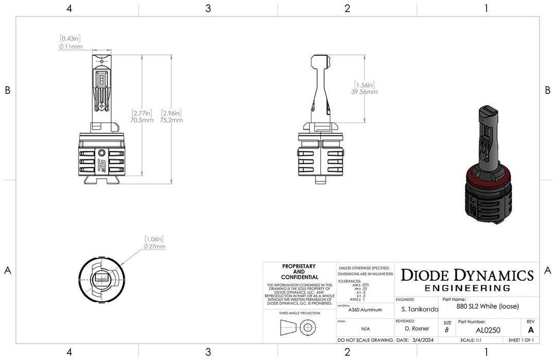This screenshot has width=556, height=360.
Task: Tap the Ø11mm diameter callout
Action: coord(71,46)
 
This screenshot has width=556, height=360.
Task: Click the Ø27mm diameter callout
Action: coord(155,246)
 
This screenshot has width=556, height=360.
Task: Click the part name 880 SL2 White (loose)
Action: coord(488,306)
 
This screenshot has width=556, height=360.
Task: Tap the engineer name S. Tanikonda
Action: coord(420,310)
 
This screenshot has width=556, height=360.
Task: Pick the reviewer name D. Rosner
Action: coord(416,329)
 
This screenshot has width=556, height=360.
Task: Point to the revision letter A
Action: coord(531,330)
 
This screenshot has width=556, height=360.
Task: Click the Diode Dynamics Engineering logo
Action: coord(467,280)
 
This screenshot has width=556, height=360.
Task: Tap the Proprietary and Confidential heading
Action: coord(299,272)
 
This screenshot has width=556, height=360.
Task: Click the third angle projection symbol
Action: coord(299,327)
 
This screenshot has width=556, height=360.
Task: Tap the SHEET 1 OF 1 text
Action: coord(521,340)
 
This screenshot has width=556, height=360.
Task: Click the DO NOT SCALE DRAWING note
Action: coord(365,340)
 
